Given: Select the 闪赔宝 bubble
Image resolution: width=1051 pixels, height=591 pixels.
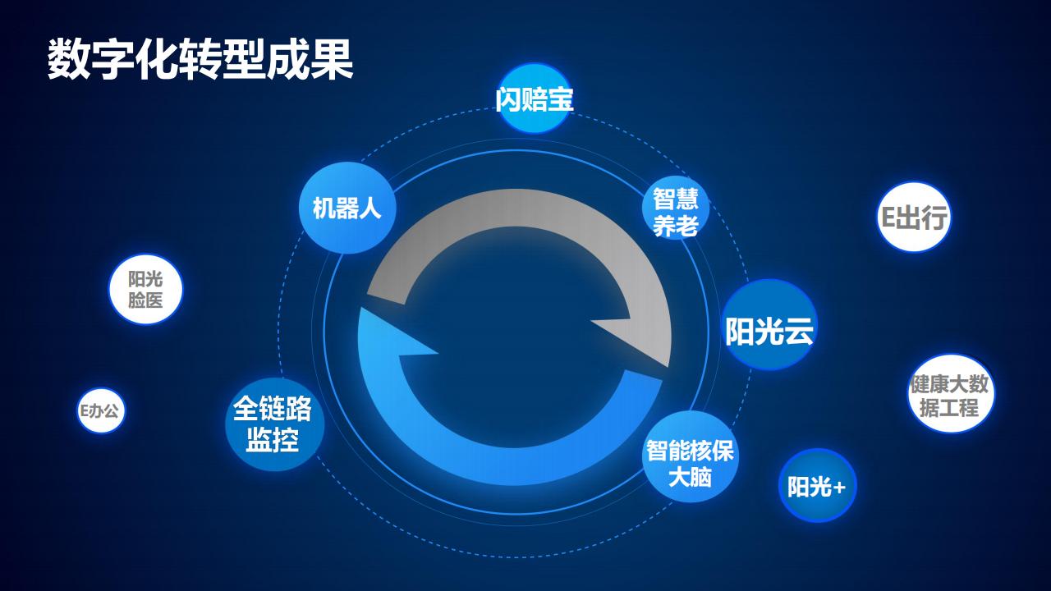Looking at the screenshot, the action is pos(535,98).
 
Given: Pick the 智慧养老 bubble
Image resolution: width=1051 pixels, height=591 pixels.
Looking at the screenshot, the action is pos(676,211).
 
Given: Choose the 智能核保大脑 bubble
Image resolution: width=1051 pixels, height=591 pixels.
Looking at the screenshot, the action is pos(690,463).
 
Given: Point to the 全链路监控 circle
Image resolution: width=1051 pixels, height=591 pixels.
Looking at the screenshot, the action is pos(273,424).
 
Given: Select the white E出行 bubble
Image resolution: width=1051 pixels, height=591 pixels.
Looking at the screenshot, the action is pos(914,217).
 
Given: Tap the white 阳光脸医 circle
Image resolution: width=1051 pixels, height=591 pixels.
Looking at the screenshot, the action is pos(145,289).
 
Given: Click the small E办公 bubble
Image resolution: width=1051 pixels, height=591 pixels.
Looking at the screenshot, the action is pos(99,410).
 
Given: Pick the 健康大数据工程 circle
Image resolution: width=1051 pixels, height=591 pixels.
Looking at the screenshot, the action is pos(950,395).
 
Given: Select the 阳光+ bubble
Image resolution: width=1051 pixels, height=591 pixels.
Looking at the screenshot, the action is pos(817,486).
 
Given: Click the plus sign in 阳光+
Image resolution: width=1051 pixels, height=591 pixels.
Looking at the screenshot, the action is pos(838,488).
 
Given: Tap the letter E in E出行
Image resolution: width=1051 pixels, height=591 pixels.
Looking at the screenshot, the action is pos(888,218).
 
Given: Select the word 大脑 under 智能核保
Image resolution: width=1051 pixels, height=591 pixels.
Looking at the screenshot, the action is pos(690,477).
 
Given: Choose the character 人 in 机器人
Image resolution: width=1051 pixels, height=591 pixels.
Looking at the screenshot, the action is pos(370,208).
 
